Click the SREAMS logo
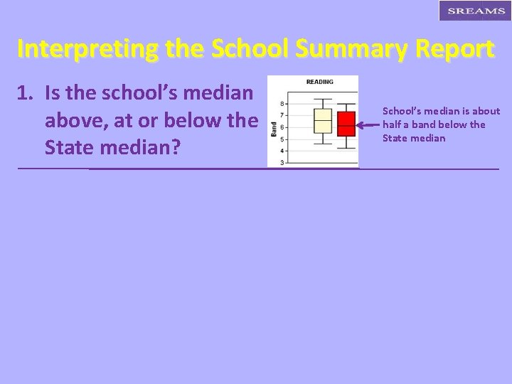tap(476, 11)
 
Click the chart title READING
tap(319, 82)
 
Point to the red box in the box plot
tap(346, 124)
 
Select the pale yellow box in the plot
tap(323, 121)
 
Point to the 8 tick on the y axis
tap(283, 104)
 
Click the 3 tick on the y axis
tap(283, 163)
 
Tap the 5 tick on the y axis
tap(283, 139)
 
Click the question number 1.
tap(24, 93)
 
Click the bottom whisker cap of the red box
tap(346, 147)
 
